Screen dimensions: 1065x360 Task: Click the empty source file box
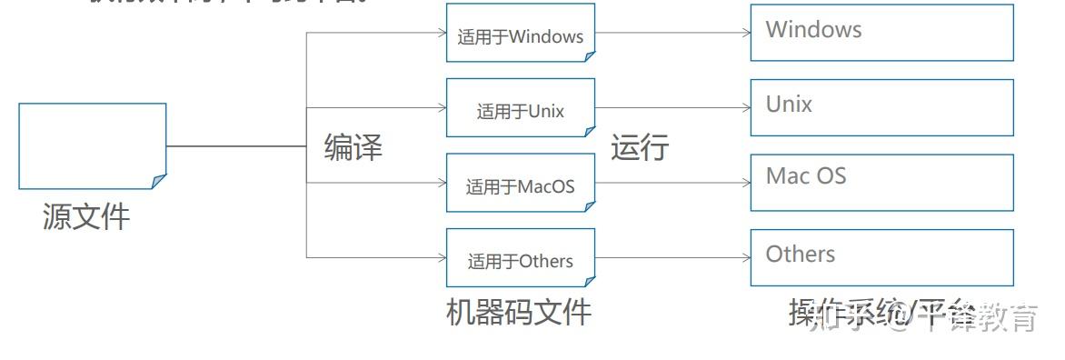point(92,145)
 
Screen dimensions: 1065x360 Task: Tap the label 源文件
point(86,216)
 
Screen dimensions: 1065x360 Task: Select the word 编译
point(353,146)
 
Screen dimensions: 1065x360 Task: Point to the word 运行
point(640,146)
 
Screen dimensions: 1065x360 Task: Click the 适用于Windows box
point(520,33)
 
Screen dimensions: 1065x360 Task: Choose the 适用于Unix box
point(520,108)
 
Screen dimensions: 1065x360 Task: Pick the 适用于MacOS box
point(520,184)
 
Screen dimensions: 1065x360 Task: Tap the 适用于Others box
point(520,258)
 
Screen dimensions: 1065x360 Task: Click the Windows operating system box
point(881,33)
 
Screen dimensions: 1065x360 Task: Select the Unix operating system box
point(881,107)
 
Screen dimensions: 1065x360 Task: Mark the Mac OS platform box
point(881,183)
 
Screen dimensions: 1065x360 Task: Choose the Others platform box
point(881,257)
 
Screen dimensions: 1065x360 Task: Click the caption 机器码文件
point(519,312)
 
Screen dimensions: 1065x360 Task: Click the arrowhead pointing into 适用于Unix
point(443,108)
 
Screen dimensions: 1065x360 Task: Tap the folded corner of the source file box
point(159,182)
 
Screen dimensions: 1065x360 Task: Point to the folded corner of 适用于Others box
point(589,281)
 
